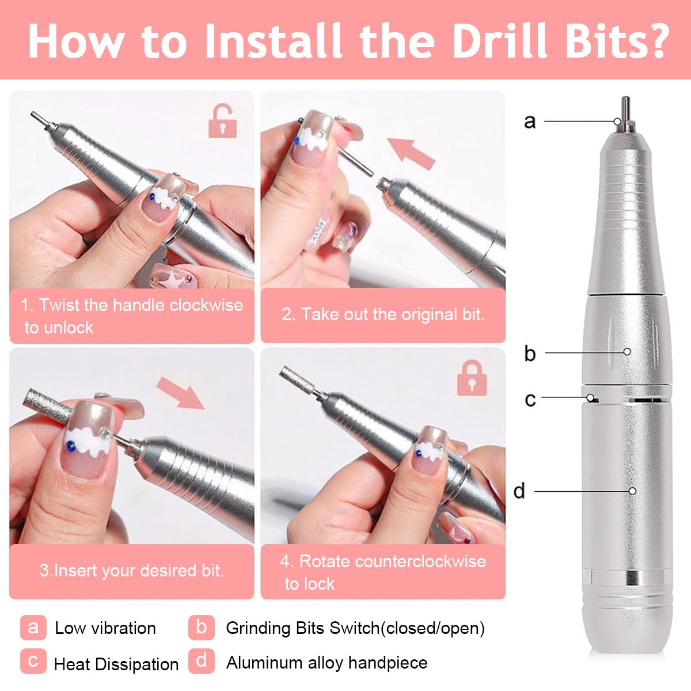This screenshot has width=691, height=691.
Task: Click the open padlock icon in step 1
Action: tap(222, 120)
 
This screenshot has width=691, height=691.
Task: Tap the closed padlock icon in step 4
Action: tap(472, 378)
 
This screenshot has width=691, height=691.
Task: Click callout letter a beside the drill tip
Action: tap(530, 122)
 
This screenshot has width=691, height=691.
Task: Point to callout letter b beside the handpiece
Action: tap(530, 353)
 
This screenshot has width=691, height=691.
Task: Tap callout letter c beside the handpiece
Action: tap(530, 399)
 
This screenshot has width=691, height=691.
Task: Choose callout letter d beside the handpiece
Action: tap(519, 491)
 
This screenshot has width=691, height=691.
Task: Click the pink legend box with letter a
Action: tap(33, 627)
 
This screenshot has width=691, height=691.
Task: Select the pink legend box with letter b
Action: tap(201, 627)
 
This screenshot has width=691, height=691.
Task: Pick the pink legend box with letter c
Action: tap(33, 662)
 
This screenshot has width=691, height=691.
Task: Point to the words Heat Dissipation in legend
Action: tap(116, 664)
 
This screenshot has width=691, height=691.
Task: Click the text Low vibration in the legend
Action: tap(105, 628)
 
